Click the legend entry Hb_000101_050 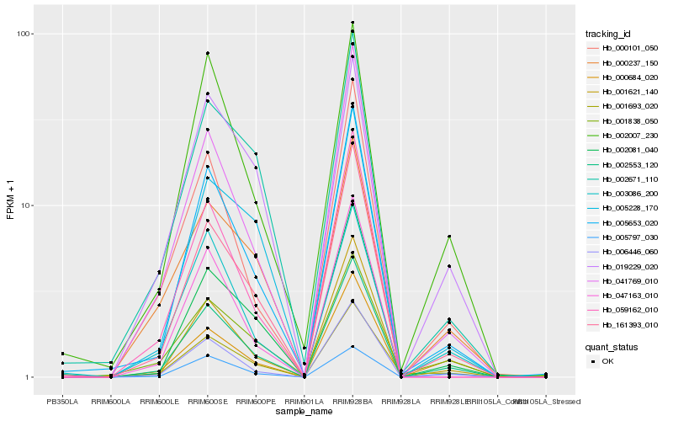(623, 49)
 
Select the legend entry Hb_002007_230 (623, 135)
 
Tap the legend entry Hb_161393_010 (623, 323)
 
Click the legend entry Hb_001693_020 (623, 106)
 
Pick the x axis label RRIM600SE (207, 402)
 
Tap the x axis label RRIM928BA (352, 402)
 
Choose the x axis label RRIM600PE (256, 402)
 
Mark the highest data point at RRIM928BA (352, 23)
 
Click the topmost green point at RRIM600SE (207, 53)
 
